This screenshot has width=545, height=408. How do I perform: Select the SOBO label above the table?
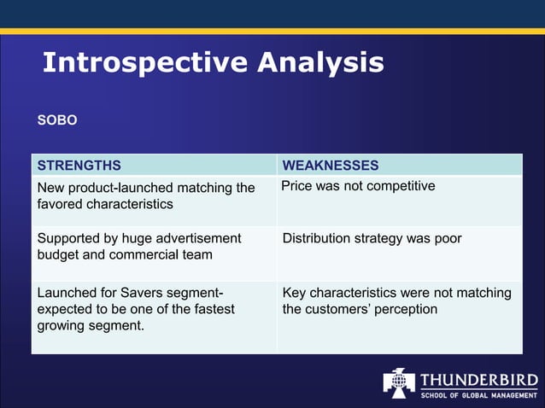click(x=57, y=120)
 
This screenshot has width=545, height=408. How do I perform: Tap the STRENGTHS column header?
click(x=79, y=166)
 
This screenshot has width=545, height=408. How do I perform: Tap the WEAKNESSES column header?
click(x=331, y=166)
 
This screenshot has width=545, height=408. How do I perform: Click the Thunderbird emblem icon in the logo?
click(x=398, y=382)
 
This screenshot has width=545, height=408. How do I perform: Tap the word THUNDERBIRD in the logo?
click(x=478, y=378)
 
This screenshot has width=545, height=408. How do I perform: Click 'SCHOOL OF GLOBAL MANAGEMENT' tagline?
click(x=478, y=393)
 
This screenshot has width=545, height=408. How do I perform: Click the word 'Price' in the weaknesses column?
click(x=296, y=186)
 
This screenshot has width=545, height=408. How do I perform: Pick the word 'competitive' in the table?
click(x=401, y=186)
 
